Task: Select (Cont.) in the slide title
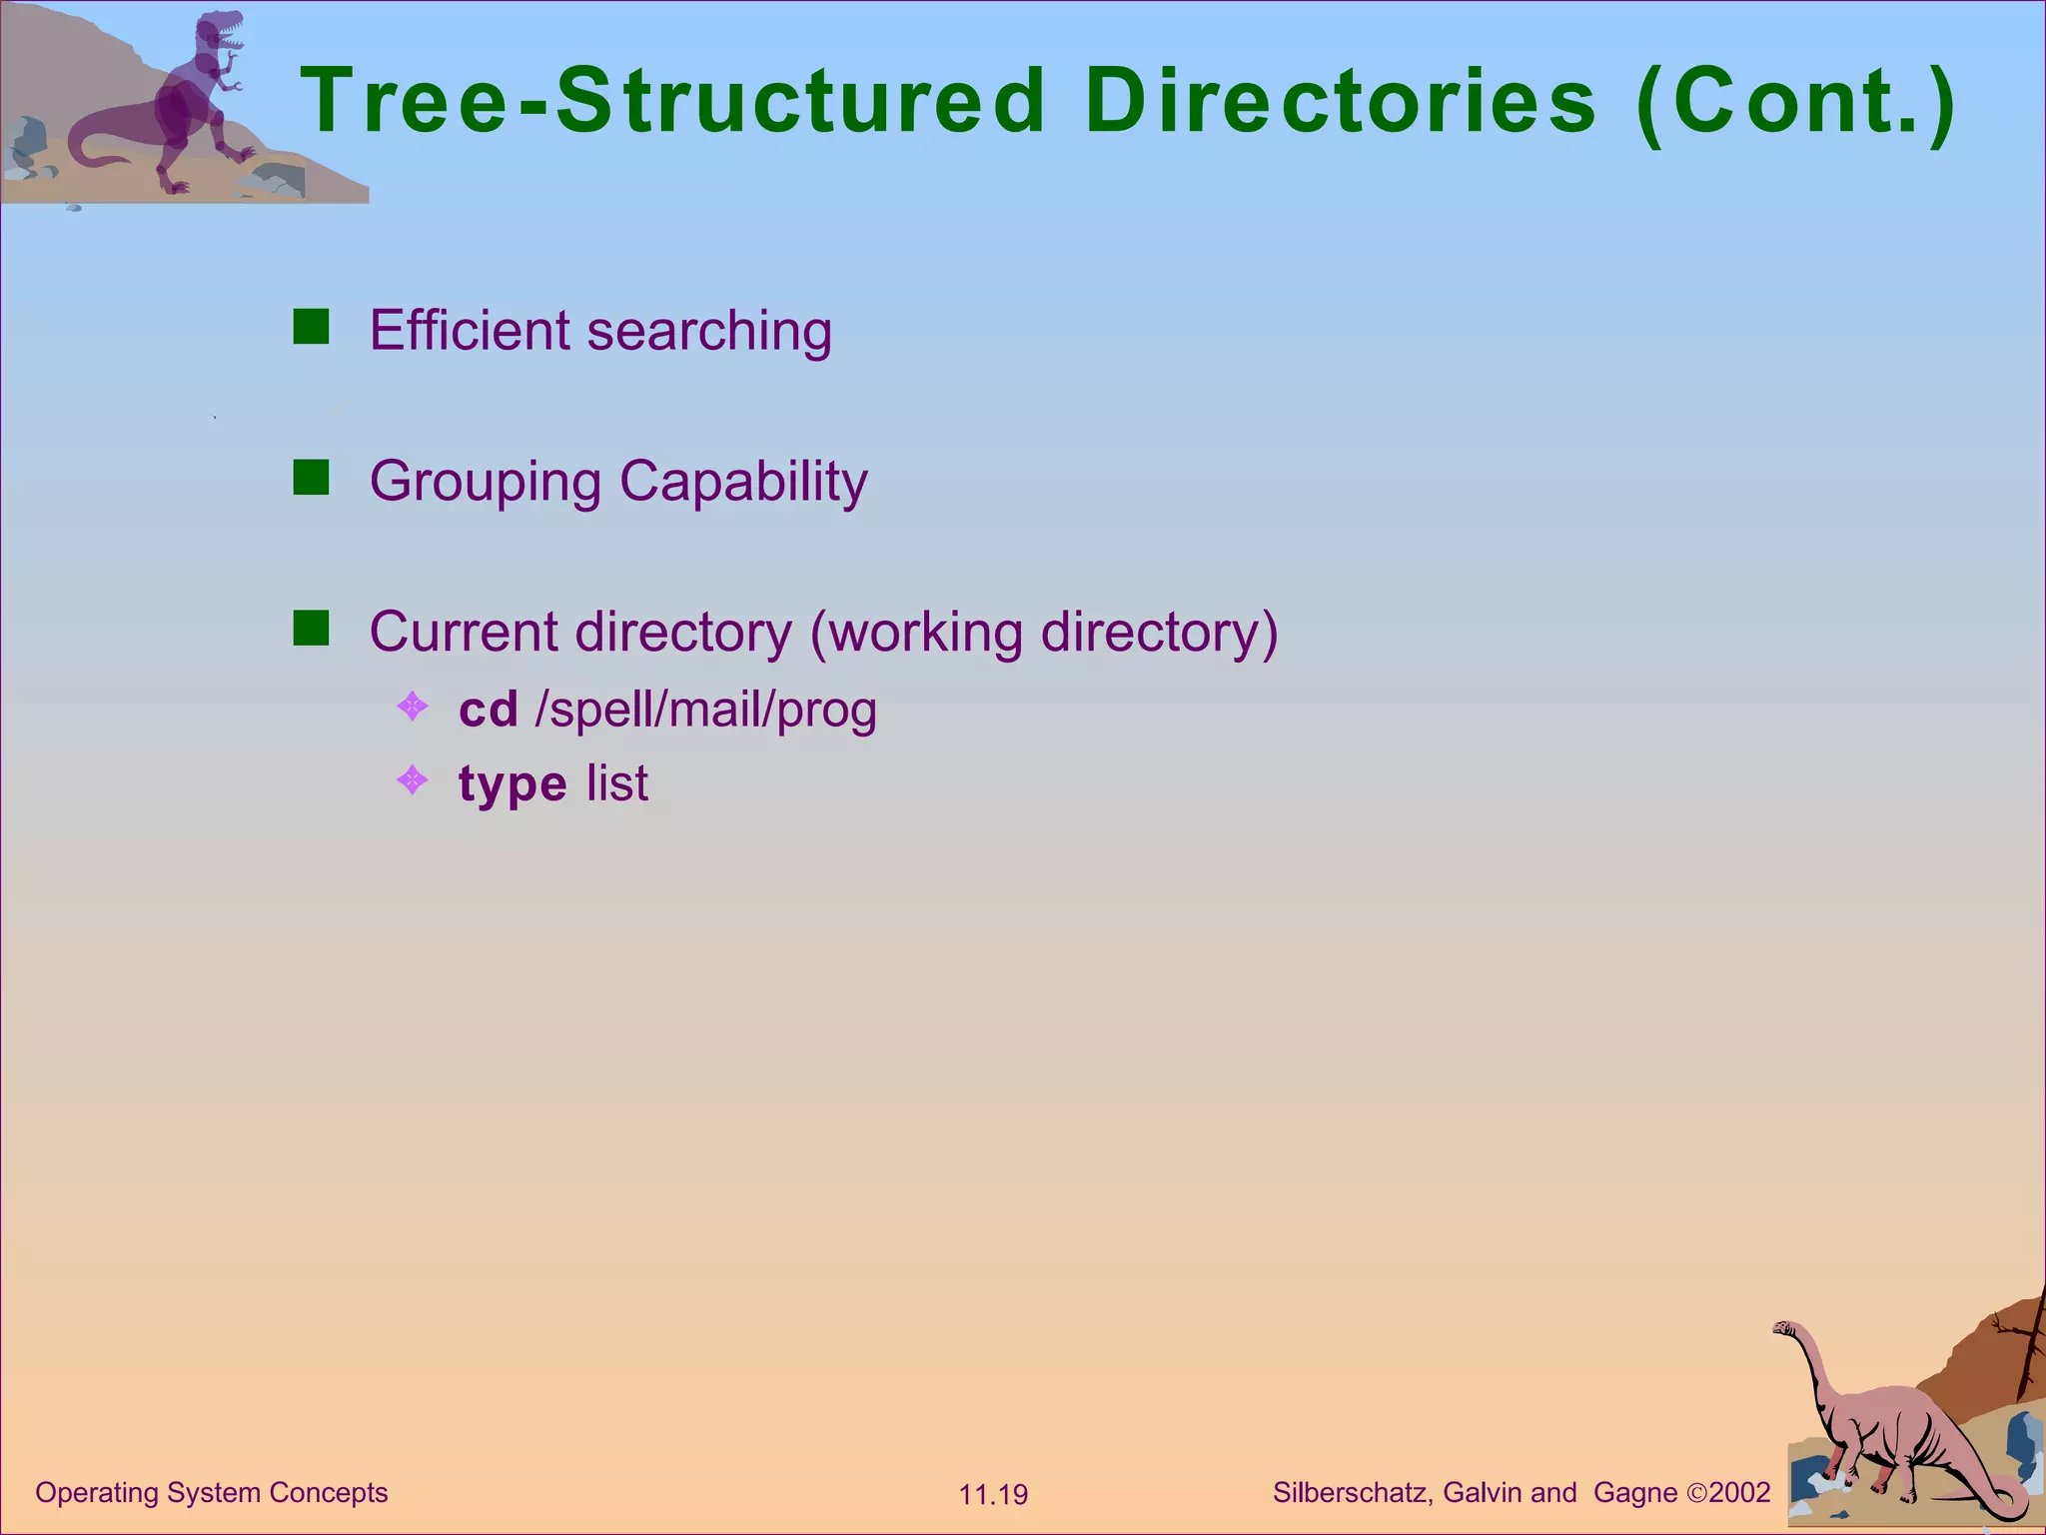click(x=1796, y=102)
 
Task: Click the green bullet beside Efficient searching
click(x=311, y=327)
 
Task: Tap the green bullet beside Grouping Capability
click(x=311, y=478)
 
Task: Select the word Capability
click(x=743, y=483)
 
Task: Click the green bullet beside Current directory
click(x=311, y=629)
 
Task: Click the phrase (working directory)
click(x=1043, y=634)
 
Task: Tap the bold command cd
click(x=488, y=709)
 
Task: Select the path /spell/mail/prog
click(x=706, y=711)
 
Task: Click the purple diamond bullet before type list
click(x=412, y=779)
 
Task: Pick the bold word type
click(x=512, y=784)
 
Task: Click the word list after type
click(x=617, y=782)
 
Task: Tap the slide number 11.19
click(x=993, y=1495)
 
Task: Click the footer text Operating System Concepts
click(x=212, y=1492)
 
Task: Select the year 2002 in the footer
click(x=1739, y=1493)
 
